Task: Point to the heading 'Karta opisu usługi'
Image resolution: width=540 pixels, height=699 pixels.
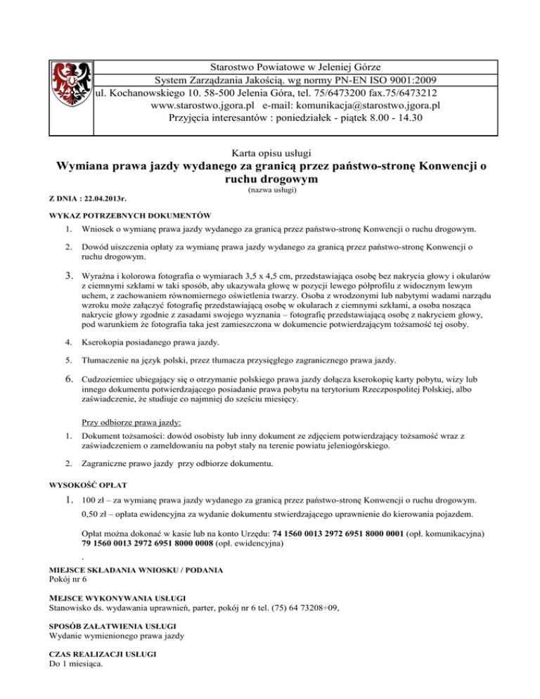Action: (271, 153)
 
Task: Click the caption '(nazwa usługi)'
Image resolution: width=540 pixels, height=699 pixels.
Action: (271, 190)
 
